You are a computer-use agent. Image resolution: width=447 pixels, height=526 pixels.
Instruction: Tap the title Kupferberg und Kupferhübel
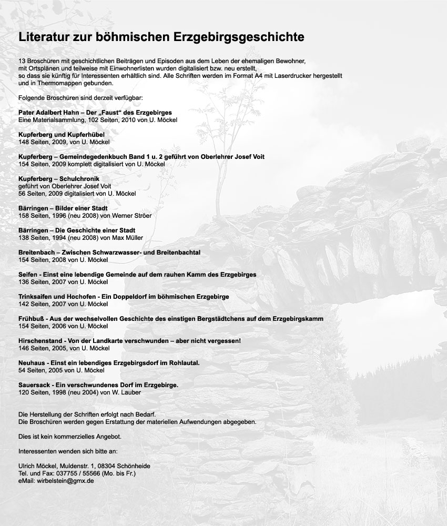click(61, 135)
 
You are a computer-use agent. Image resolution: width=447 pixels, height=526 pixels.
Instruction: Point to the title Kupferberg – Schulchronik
click(58, 179)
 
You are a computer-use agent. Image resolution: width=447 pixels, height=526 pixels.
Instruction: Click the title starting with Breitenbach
click(109, 253)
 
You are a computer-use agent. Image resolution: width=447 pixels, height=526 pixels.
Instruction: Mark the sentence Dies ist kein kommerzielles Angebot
click(66, 437)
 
